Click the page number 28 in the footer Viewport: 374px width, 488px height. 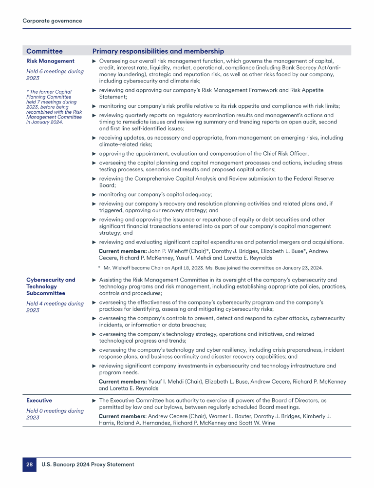point(29,465)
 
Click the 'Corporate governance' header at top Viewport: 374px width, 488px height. point(52,20)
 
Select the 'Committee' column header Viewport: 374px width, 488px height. point(44,51)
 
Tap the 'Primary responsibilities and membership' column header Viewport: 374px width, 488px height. point(158,51)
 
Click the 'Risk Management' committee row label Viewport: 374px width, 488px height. point(50,61)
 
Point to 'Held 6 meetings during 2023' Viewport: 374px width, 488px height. point(55,75)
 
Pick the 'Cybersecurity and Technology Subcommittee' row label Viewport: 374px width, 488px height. point(51,286)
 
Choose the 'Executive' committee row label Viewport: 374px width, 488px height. point(39,400)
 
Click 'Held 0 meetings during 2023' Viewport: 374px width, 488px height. point(55,414)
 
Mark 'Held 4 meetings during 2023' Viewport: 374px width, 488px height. point(55,307)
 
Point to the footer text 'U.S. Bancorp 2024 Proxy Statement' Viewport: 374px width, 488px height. point(88,465)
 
